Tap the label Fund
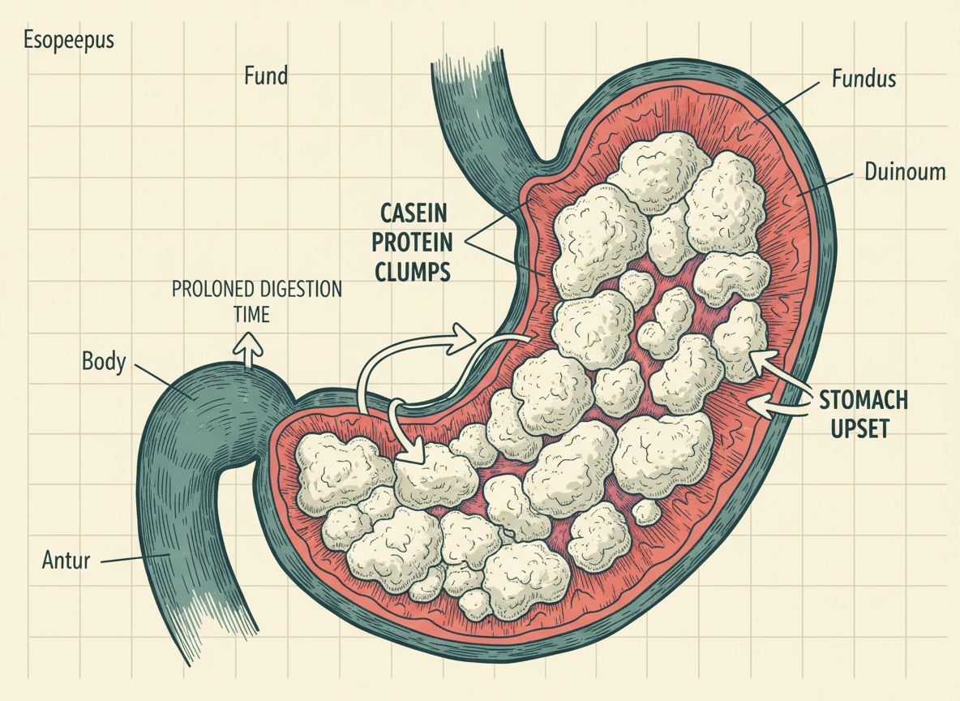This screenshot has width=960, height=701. (266, 76)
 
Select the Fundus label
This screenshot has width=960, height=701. (864, 79)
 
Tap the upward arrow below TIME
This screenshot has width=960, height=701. (250, 350)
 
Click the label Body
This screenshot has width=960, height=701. (104, 361)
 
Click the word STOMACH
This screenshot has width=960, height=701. (864, 401)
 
